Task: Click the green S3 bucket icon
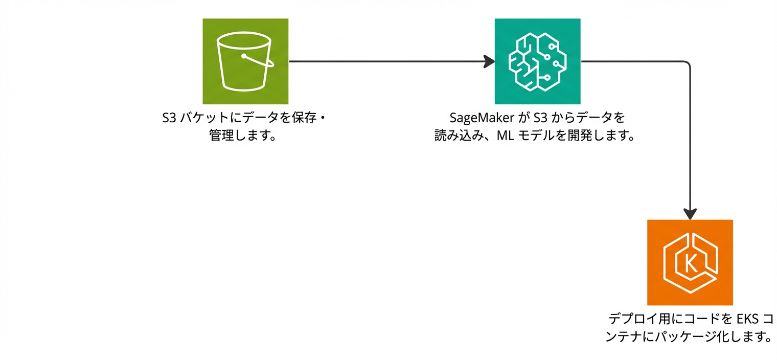tap(245, 61)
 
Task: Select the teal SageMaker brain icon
tap(538, 61)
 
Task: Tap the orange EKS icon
tap(690, 262)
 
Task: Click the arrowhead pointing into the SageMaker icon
tap(490, 61)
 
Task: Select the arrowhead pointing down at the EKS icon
tap(690, 214)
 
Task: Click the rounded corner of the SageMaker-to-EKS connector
tap(688, 64)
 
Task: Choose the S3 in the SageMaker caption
tap(540, 118)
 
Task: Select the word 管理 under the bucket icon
tap(221, 137)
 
